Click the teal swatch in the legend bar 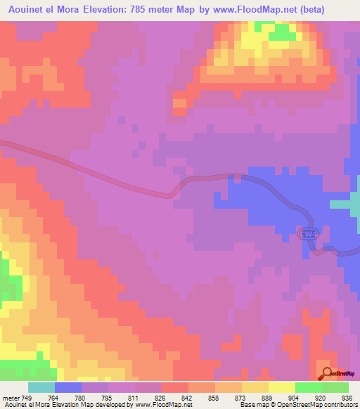point(41,388)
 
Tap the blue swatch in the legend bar point(68,388)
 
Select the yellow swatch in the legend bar point(282,388)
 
